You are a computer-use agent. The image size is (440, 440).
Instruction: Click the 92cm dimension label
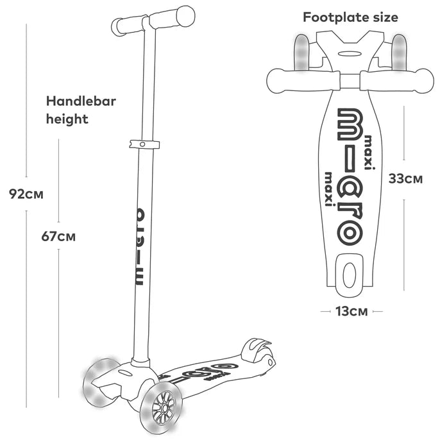tap(26, 194)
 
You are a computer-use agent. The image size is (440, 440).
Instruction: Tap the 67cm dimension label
tap(58, 237)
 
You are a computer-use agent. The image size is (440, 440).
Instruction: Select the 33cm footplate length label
tap(405, 179)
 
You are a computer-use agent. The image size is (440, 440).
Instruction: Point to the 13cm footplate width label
tap(351, 312)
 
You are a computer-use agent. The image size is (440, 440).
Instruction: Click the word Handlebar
tap(81, 101)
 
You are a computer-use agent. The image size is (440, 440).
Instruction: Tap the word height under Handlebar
tap(67, 119)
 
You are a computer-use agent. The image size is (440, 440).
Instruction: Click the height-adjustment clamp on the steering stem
tap(144, 144)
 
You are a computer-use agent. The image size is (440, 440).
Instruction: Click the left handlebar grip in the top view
tap(303, 81)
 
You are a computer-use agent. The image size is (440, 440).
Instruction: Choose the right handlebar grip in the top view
tap(397, 81)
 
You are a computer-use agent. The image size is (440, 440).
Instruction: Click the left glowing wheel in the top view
tap(301, 53)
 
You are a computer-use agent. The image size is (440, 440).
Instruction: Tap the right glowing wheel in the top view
tap(399, 52)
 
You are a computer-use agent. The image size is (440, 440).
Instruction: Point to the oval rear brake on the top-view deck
tap(350, 275)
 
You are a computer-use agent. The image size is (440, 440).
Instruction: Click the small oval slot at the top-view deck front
tap(350, 54)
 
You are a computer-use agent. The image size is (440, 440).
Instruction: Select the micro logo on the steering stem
tap(140, 247)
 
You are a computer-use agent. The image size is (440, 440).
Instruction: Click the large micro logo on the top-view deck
tap(350, 177)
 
